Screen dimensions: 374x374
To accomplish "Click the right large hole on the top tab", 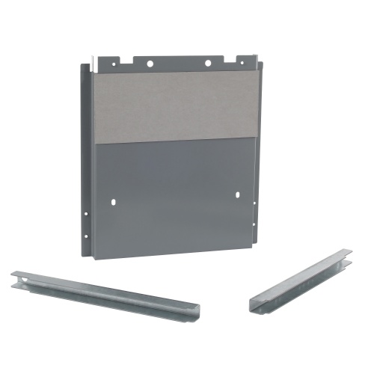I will pos(208,64).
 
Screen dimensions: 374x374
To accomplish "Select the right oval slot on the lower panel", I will pos(238,195).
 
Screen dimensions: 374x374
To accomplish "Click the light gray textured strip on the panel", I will pos(176,105).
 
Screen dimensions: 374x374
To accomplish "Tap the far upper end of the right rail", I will pos(347,254).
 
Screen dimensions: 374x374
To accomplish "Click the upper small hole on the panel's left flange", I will pos(85,214).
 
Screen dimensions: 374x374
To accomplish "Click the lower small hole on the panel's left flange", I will pos(86,236).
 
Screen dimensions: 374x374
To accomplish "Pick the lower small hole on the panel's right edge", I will pos(259,224).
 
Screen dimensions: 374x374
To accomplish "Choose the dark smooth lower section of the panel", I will pos(176,194).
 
